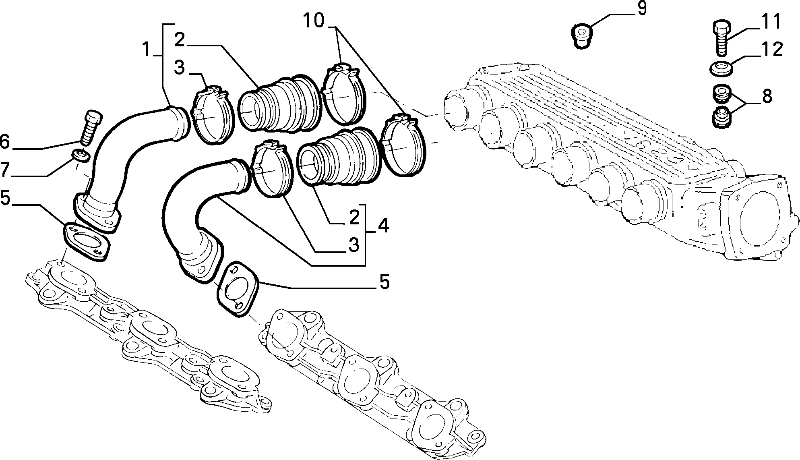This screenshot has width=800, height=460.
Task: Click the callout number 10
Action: coord(314,21)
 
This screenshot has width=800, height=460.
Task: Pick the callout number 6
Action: coord(4,142)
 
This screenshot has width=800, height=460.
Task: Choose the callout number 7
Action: coord(5,170)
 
